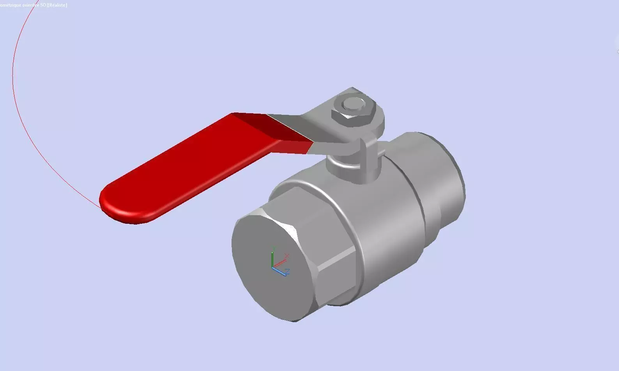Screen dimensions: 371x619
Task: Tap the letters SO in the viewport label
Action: [x=43, y=5]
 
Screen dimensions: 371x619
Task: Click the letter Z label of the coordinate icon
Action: [x=287, y=271]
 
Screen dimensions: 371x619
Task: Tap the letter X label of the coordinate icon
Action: [x=287, y=256]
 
